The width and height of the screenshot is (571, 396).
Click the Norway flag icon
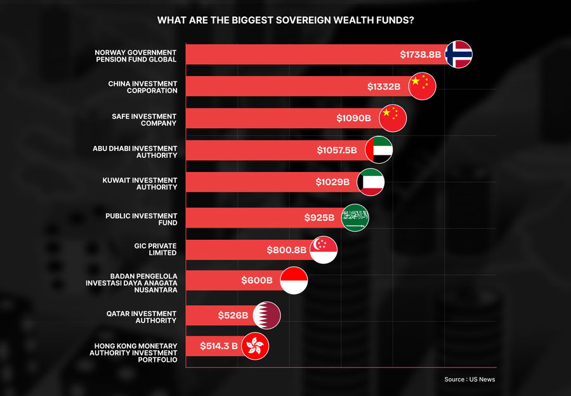458,55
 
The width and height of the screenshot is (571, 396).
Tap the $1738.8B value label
420,55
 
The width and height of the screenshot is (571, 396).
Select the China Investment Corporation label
143,87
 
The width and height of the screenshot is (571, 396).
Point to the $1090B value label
353,118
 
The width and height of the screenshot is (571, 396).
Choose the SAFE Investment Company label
144,119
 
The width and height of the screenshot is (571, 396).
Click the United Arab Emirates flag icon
379,150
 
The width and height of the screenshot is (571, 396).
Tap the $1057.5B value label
336,150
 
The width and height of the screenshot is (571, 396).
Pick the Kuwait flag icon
371,182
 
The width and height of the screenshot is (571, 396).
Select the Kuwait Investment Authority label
140,183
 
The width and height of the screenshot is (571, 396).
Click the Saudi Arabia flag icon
355,218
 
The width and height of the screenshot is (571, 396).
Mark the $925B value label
319,218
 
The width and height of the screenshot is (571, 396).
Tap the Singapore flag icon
324,250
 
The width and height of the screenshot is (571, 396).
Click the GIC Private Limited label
155,249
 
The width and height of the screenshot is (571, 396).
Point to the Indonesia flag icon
294,280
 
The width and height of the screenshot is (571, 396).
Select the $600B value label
257,280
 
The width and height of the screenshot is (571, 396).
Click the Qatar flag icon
266,315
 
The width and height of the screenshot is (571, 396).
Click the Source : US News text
469,379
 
